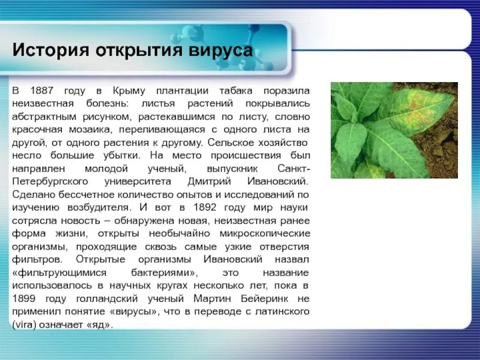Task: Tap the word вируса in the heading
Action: pos(223,50)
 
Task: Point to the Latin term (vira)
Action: pos(25,325)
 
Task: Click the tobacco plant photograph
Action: pos(394,130)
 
